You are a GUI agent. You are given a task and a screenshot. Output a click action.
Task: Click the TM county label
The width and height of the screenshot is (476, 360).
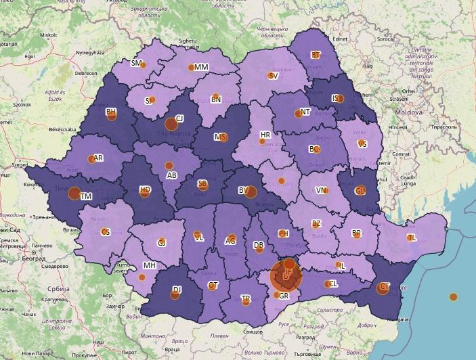pos(86,196)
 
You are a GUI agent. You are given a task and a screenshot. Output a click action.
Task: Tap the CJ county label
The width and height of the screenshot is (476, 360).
pos(179,118)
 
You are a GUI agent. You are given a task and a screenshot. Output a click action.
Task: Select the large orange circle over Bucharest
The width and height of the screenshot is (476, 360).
pos(286,275)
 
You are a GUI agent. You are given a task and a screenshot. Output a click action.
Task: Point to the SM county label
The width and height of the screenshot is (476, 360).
pos(136,63)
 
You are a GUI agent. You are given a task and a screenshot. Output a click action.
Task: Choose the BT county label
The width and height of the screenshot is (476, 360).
pos(316,55)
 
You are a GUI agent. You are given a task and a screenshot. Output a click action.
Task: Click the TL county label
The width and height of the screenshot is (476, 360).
pos(412,238)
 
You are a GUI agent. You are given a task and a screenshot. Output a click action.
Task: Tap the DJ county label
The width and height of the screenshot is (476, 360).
pos(177,290)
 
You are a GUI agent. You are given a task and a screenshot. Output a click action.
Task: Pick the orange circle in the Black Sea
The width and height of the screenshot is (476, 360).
pos(453,296)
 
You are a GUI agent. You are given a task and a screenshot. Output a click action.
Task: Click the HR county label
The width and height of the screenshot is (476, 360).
pos(265,135)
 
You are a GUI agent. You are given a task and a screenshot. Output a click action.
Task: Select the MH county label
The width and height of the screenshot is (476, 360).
pos(149,265)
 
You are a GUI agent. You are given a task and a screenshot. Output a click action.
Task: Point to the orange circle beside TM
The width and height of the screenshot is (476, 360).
pos(74,194)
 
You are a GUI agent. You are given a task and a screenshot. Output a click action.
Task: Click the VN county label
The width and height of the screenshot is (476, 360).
pos(320,190)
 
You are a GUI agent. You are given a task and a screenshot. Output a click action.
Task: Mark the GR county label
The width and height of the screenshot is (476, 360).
pos(284,296)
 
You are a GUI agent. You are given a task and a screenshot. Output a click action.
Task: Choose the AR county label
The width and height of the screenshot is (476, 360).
pos(98,158)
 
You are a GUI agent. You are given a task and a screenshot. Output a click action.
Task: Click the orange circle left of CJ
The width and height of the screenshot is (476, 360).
pos(171,123)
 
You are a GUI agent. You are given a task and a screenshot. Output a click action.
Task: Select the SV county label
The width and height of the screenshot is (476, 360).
pos(274,76)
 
